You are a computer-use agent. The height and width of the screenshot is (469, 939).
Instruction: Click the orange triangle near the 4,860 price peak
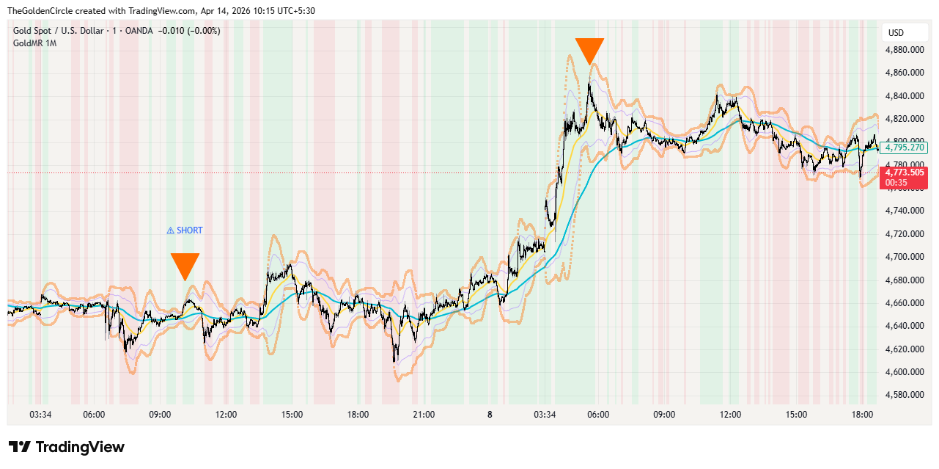pyautogui.click(x=589, y=51)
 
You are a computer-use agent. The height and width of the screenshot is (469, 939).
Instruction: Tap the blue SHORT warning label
pyautogui.click(x=185, y=230)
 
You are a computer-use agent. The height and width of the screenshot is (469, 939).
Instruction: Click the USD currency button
pyautogui.click(x=896, y=33)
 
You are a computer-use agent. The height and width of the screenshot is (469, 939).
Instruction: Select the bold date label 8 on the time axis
pyautogui.click(x=490, y=415)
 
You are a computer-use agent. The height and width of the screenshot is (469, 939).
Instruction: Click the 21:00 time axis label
pyautogui.click(x=424, y=415)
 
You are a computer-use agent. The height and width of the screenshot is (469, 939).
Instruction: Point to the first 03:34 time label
pyautogui.click(x=40, y=415)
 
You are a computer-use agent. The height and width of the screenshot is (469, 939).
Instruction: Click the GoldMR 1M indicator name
pyautogui.click(x=34, y=43)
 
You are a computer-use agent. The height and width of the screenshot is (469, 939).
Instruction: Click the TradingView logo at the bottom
pyautogui.click(x=67, y=447)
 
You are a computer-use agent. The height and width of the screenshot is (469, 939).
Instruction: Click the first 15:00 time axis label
pyautogui.click(x=292, y=415)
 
